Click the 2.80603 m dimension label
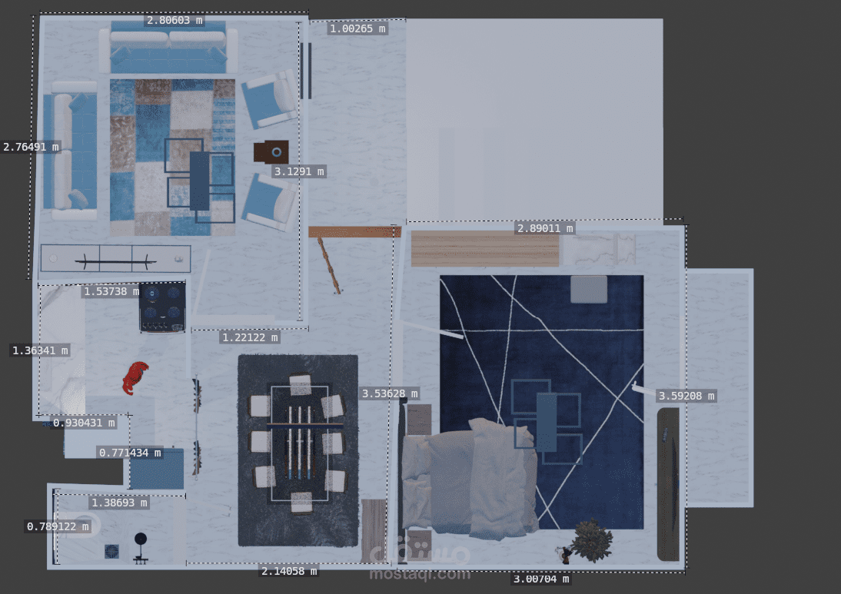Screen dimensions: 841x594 (175, 21)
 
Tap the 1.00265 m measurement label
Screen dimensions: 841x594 (357, 28)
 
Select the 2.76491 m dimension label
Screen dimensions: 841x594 (31, 146)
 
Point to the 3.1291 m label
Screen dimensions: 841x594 (299, 171)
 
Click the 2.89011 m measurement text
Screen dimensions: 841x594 (545, 228)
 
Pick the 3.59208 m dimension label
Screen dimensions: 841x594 (686, 396)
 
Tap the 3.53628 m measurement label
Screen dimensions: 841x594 (390, 393)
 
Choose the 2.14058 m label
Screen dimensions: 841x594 (289, 571)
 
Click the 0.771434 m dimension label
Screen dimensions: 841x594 (131, 453)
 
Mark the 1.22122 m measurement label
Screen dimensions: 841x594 (251, 337)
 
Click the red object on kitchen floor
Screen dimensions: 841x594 (135, 377)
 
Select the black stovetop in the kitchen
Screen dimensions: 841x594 (162, 307)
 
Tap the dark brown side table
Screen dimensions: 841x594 (271, 152)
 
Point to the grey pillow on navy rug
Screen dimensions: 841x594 (588, 290)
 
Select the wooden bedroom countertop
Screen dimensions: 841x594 (485, 249)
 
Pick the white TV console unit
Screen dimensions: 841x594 (116, 258)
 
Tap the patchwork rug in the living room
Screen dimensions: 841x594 (173, 158)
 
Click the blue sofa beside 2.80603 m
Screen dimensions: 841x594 (168, 49)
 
